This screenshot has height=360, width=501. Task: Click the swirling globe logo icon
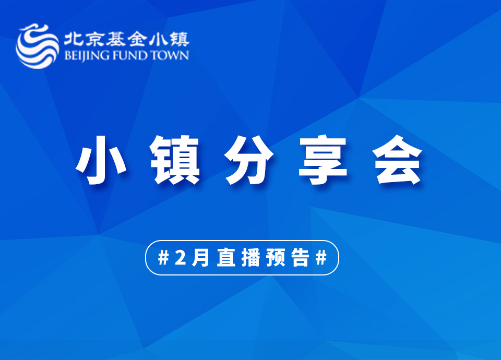[x=37, y=46]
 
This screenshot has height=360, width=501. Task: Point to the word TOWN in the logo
[x=169, y=55]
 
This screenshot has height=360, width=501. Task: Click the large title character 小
[x=101, y=160]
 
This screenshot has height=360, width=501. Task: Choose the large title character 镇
[x=175, y=160]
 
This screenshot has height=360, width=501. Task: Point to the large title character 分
[x=249, y=160]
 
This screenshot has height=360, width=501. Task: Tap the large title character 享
[x=323, y=160]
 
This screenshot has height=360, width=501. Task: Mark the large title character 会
[x=398, y=160]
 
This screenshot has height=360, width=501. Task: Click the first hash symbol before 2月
[x=163, y=257]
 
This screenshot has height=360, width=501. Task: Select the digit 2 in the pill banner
[x=181, y=257]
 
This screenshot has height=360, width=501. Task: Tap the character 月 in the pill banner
[x=200, y=257]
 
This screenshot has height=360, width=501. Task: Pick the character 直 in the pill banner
[x=226, y=257]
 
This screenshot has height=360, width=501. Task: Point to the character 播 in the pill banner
[x=251, y=257]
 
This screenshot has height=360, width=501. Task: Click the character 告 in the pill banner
[x=301, y=257]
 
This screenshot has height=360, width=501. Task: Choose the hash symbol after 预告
[x=321, y=257]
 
